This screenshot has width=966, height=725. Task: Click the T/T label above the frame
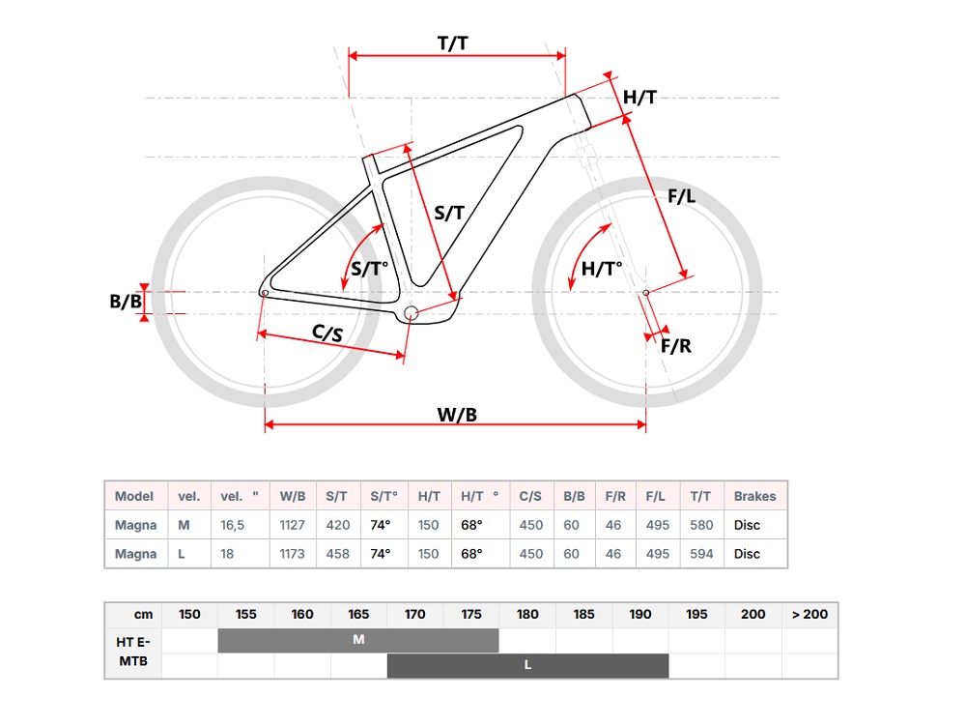pyautogui.click(x=453, y=43)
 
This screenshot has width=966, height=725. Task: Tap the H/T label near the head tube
pyautogui.click(x=639, y=97)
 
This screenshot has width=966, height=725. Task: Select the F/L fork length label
pyautogui.click(x=682, y=196)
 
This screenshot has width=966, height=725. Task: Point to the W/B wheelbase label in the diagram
pyautogui.click(x=457, y=415)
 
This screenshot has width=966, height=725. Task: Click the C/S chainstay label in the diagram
pyautogui.click(x=327, y=333)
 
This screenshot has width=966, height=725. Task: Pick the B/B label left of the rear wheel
pyautogui.click(x=126, y=302)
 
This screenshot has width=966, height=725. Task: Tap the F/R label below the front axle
pyautogui.click(x=676, y=346)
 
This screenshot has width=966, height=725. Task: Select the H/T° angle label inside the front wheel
pyautogui.click(x=602, y=269)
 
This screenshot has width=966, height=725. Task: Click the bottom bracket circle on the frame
pyautogui.click(x=412, y=312)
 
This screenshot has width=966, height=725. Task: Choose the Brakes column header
pyautogui.click(x=754, y=496)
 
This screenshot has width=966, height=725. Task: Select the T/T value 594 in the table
pyautogui.click(x=701, y=554)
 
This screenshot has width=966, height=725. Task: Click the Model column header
pyautogui.click(x=134, y=496)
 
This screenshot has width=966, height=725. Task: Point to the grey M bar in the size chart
pyautogui.click(x=358, y=640)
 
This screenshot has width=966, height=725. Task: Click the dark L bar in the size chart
pyautogui.click(x=527, y=665)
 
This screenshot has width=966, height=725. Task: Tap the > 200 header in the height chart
pyautogui.click(x=810, y=614)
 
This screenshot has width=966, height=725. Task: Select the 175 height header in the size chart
pyautogui.click(x=471, y=614)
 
